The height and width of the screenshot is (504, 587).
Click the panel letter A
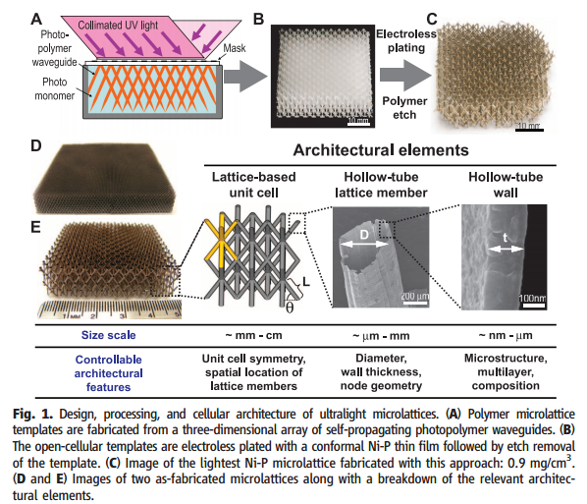pyautogui.click(x=36, y=19)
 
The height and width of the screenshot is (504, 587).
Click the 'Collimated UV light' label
pyautogui.click(x=118, y=26)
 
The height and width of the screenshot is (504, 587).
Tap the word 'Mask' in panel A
pyautogui.click(x=235, y=48)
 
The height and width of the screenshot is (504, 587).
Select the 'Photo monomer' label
pyautogui.click(x=55, y=88)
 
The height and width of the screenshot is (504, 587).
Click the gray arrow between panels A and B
pyautogui.click(x=244, y=77)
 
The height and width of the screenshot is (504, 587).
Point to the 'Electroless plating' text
pyautogui.click(x=406, y=41)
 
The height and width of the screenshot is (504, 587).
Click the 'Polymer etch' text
pyautogui.click(x=404, y=107)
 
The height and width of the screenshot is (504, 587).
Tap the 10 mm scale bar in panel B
pyautogui.click(x=358, y=122)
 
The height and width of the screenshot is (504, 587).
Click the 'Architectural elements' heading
pyautogui.click(x=381, y=150)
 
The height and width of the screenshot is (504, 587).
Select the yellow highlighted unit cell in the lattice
pyautogui.click(x=222, y=240)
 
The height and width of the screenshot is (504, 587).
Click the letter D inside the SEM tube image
pyautogui.click(x=364, y=235)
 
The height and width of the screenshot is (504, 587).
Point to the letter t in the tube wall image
pyautogui.click(x=506, y=237)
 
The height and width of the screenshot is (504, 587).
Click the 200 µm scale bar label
pyautogui.click(x=415, y=296)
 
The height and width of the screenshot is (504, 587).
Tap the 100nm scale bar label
pyautogui.click(x=532, y=299)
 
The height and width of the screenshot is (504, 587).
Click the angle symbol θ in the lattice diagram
pyautogui.click(x=290, y=308)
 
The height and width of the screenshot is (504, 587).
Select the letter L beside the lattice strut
pyautogui.click(x=306, y=282)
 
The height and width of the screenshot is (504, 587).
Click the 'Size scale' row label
pyautogui.click(x=109, y=335)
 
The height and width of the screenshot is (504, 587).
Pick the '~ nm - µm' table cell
pyautogui.click(x=506, y=335)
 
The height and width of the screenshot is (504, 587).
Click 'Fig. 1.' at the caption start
pyautogui.click(x=33, y=414)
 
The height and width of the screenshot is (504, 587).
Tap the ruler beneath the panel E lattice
pyautogui.click(x=110, y=309)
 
